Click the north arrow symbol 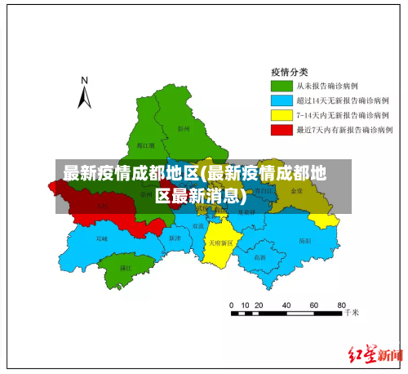(x=84, y=98)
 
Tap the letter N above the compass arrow (x=84, y=80)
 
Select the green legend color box (x=282, y=85)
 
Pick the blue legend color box (x=282, y=100)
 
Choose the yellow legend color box (x=282, y=114)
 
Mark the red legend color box (x=282, y=129)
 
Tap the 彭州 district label (x=184, y=127)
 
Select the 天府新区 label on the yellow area (x=220, y=243)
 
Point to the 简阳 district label (x=304, y=241)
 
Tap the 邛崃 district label (x=101, y=238)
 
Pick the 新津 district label (x=174, y=238)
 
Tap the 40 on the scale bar (x=286, y=305)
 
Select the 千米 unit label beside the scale (x=352, y=312)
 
